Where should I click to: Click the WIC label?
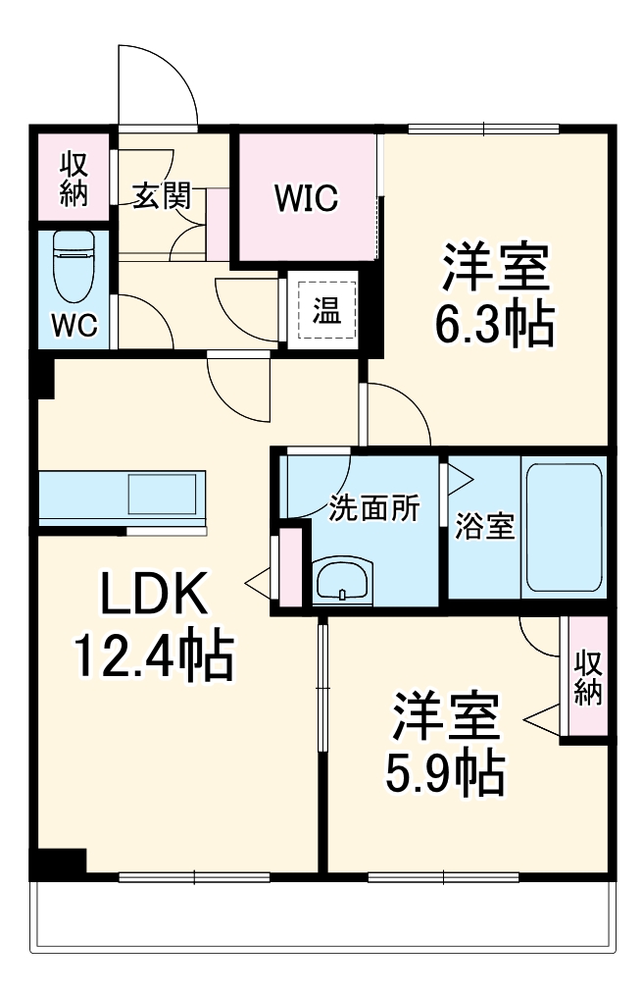(307, 198)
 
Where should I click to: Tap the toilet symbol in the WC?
(74, 266)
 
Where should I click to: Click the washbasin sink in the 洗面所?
(342, 582)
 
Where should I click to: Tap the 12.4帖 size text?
(155, 656)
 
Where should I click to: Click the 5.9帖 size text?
(446, 774)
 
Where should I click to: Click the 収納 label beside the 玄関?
(74, 178)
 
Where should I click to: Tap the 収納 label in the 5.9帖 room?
(588, 677)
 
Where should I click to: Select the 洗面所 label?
(373, 509)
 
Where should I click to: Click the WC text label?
(74, 326)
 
